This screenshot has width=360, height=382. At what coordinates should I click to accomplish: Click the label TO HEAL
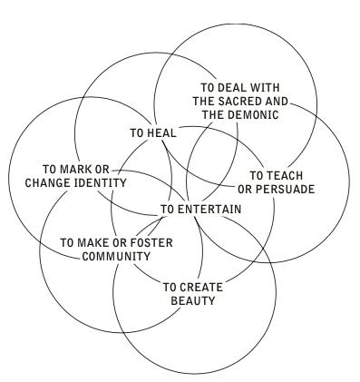pos(152,132)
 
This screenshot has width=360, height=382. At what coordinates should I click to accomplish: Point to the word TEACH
pos(278,175)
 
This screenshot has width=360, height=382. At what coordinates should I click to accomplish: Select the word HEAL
pos(161,132)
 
